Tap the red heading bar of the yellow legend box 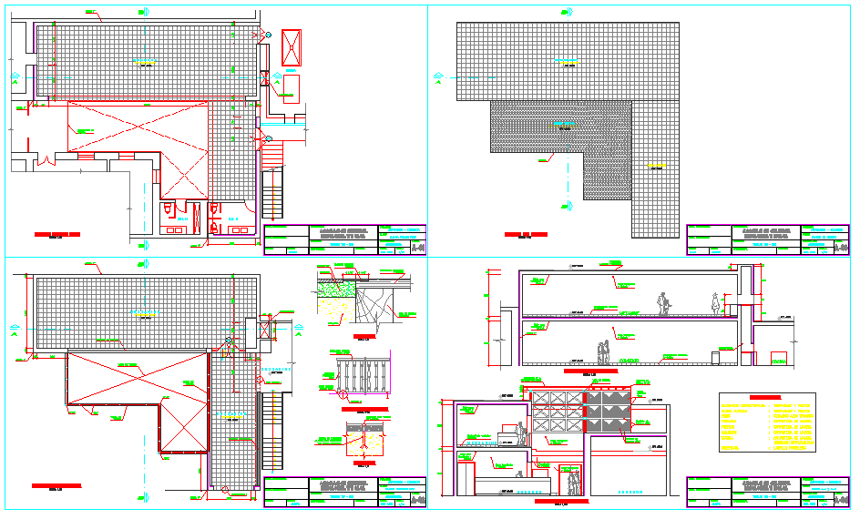coord(767,397)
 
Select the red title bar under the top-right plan coord(527,234)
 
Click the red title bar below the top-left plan coord(56,234)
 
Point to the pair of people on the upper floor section coord(662,304)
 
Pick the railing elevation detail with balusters coord(363,377)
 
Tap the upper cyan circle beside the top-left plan coord(267,35)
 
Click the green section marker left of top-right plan coord(438,76)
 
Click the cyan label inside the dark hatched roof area coord(565,121)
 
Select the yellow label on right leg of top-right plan coord(655,166)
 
